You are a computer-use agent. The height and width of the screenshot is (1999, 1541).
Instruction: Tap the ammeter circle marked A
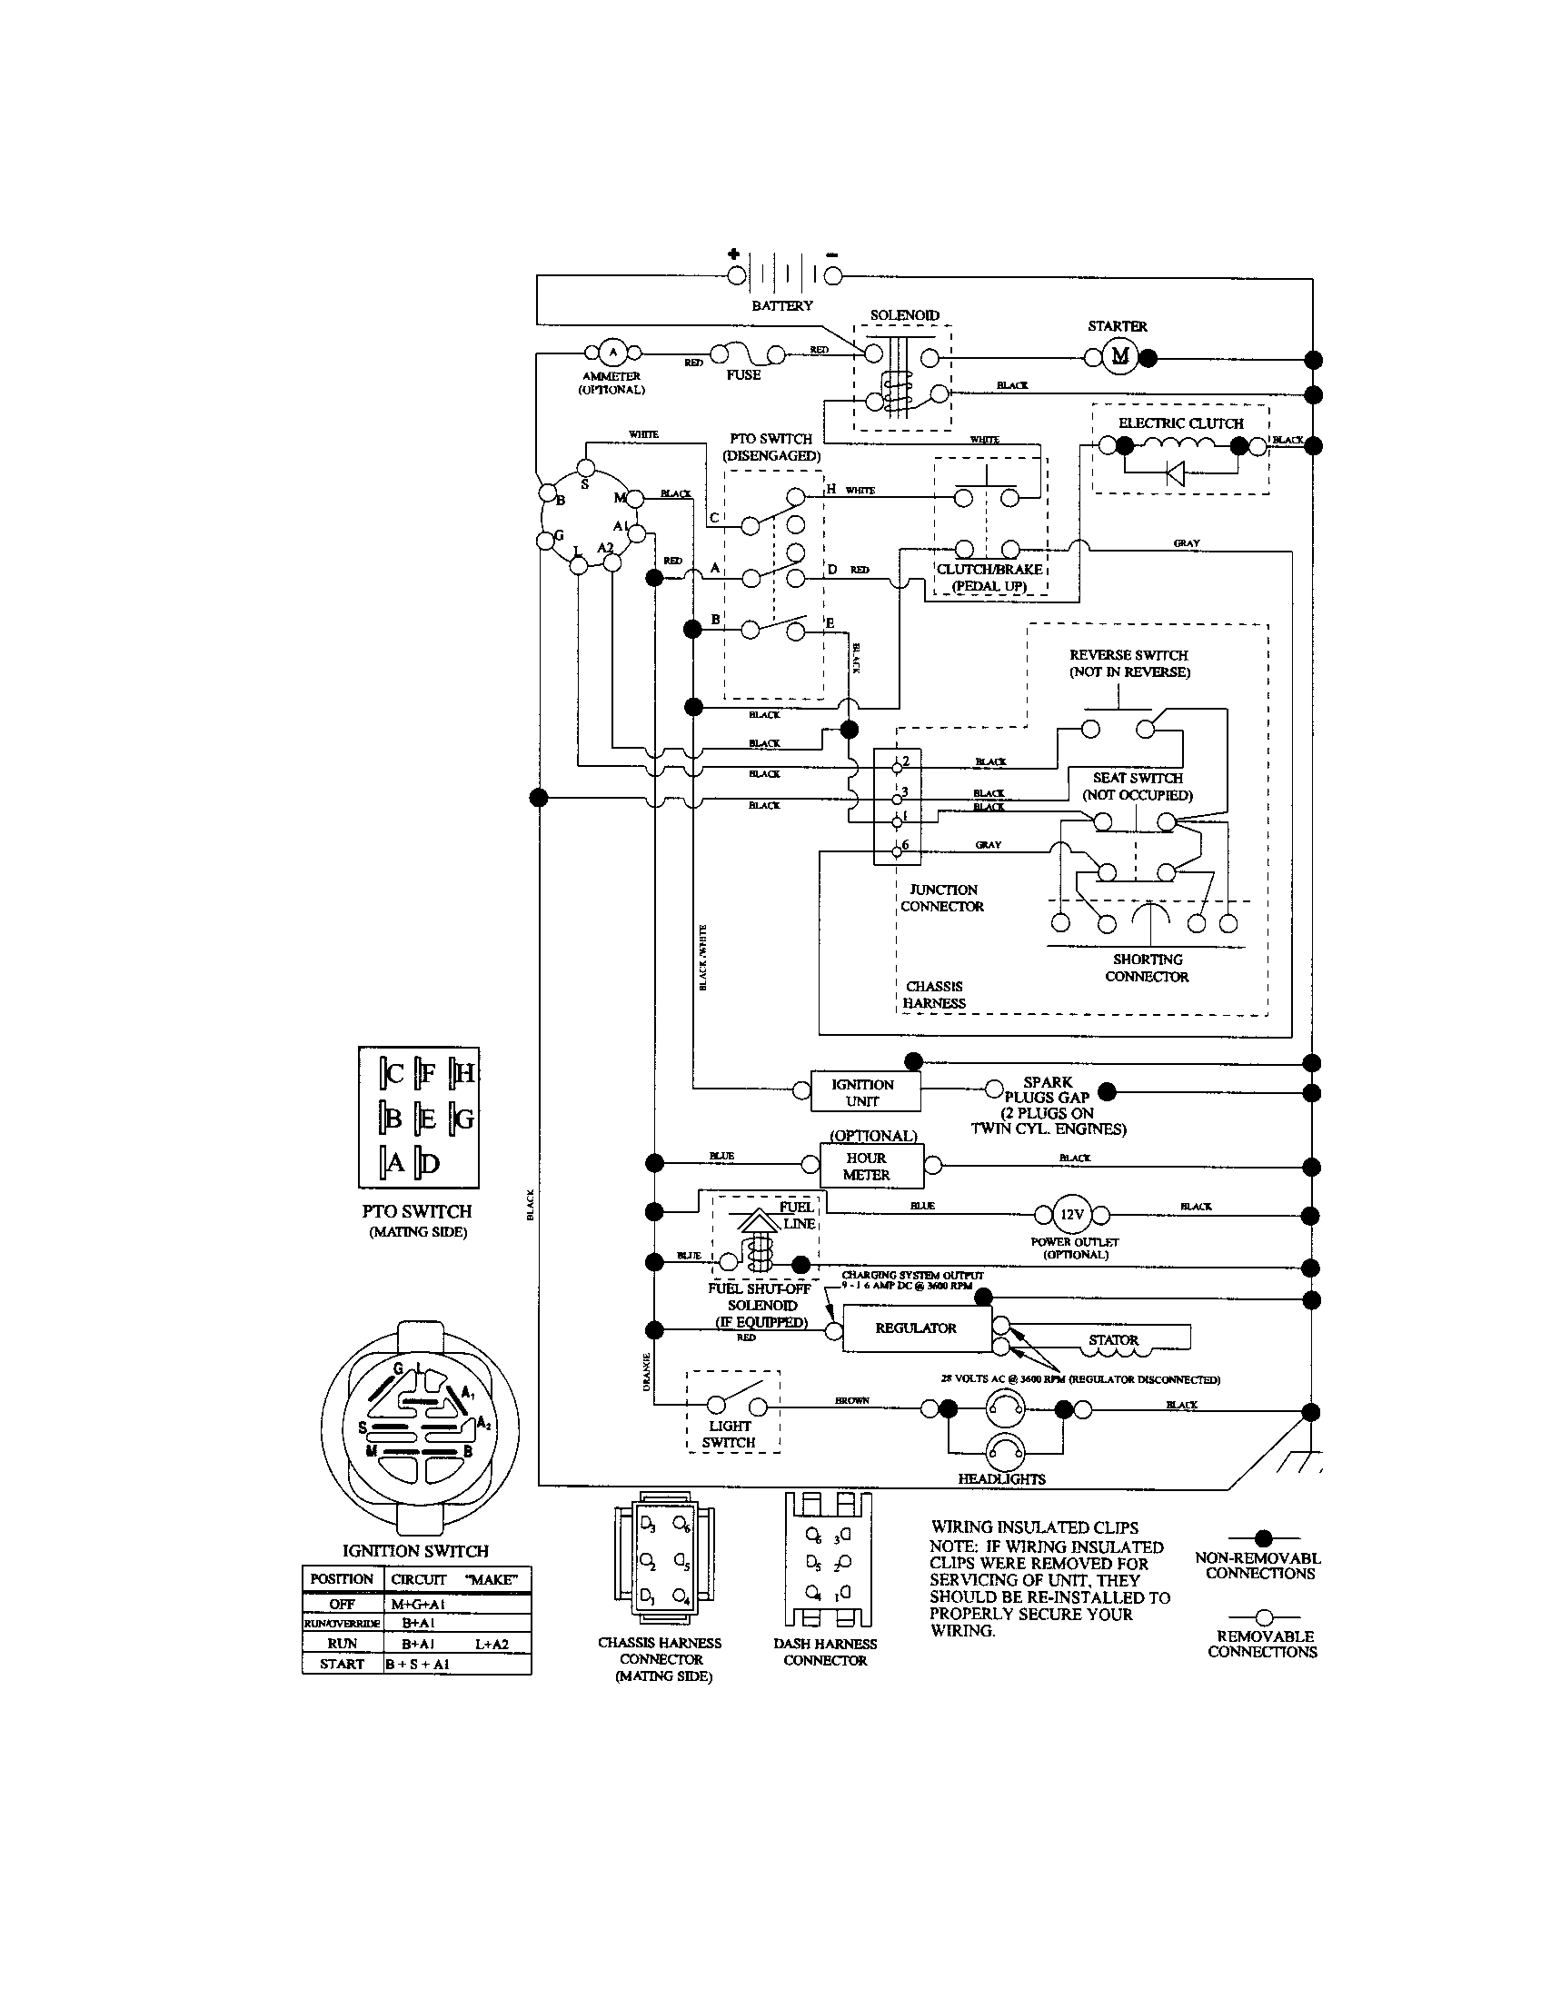click(613, 353)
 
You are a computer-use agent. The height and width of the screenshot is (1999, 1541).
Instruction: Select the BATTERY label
click(781, 305)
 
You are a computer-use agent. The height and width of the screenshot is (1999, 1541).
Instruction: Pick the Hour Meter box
click(866, 1166)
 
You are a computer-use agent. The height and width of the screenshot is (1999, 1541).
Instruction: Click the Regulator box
click(916, 1328)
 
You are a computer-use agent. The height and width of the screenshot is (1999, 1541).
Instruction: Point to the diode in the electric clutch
click(1176, 473)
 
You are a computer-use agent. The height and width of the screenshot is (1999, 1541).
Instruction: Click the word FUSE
click(743, 375)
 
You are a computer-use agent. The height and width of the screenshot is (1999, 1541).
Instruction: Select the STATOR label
click(1113, 1340)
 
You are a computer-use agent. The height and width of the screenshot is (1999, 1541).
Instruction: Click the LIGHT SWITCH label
click(730, 1434)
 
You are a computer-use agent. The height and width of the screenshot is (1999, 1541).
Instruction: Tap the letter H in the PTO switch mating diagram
click(464, 1073)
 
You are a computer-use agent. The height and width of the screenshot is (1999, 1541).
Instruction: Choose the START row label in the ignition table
click(343, 1664)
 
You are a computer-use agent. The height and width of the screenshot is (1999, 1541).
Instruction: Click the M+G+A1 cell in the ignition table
click(418, 1604)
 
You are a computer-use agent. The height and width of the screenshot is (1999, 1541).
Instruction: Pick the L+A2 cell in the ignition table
click(492, 1644)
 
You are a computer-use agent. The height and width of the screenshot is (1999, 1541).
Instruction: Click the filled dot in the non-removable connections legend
click(1264, 1538)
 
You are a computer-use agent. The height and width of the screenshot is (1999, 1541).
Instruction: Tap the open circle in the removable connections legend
click(1264, 1617)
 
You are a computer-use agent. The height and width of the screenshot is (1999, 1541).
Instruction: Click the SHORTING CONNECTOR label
click(1147, 968)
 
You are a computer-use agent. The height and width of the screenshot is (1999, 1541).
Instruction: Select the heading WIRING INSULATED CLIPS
click(1034, 1527)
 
